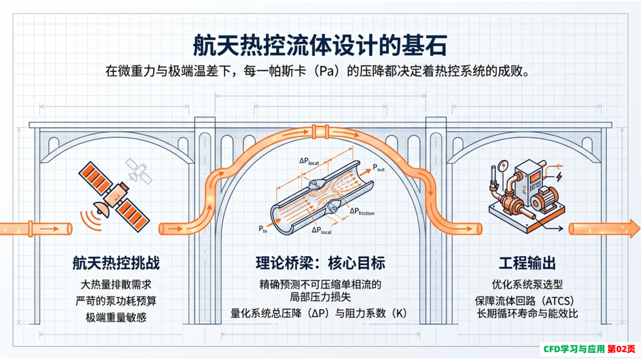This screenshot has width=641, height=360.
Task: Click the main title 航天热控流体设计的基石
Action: pyautogui.click(x=320, y=44)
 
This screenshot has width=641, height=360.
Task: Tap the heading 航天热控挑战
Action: pyautogui.click(x=116, y=263)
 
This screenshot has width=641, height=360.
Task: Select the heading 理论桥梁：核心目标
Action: pyautogui.click(x=320, y=263)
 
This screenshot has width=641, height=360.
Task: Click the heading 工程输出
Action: pyautogui.click(x=527, y=263)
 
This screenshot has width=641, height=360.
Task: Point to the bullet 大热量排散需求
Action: pyautogui.click(x=116, y=285)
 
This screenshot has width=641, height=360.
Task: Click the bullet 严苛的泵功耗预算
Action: pyautogui.click(x=116, y=301)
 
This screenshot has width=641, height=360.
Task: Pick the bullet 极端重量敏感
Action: pyautogui.click(x=116, y=317)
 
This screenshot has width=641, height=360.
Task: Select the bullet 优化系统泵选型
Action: pyautogui.click(x=527, y=285)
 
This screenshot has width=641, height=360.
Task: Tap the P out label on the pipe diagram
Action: pyautogui.click(x=379, y=168)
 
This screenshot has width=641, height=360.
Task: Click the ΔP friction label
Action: pyautogui.click(x=362, y=211)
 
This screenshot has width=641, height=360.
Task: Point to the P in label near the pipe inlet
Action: pyautogui.click(x=263, y=230)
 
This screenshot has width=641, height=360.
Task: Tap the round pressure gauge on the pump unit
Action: pyautogui.click(x=503, y=166)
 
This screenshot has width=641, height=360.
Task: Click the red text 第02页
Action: pyautogui.click(x=621, y=349)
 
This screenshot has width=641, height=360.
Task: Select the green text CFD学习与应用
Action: pyautogui.click(x=574, y=349)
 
